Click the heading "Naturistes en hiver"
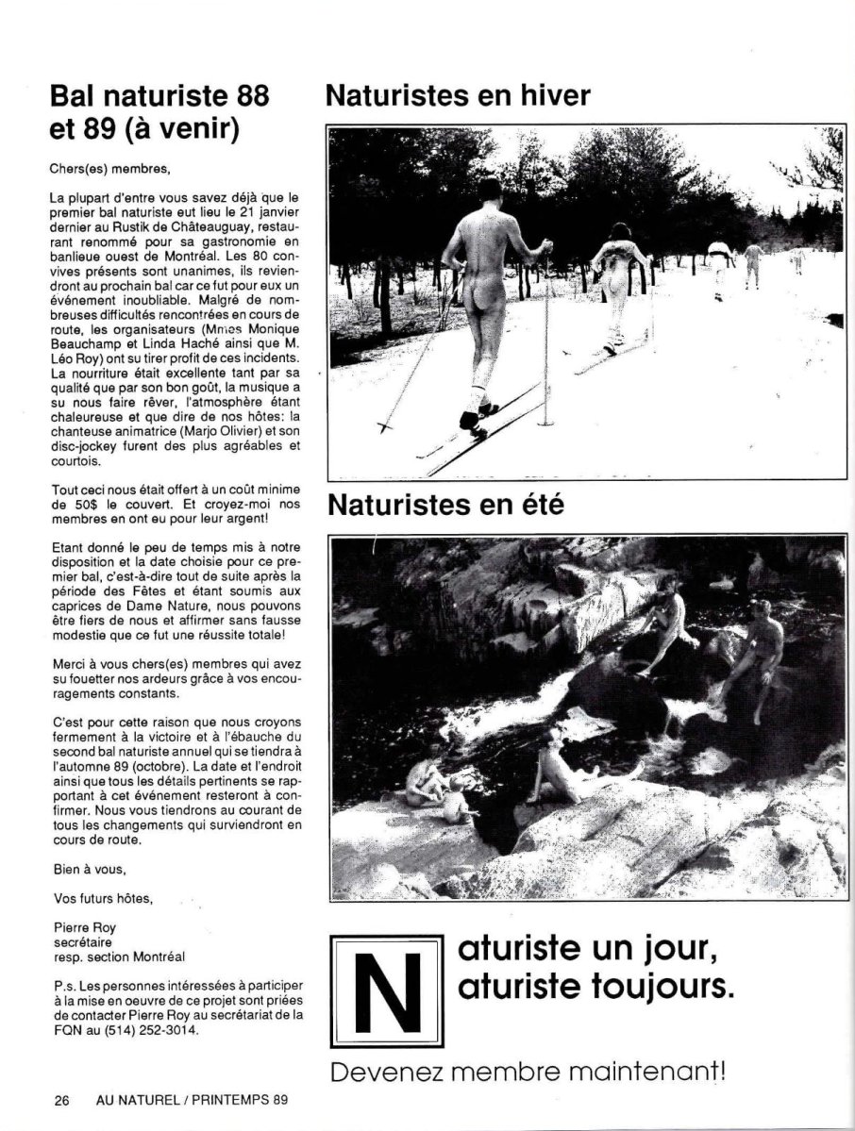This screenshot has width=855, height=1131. [x=458, y=95]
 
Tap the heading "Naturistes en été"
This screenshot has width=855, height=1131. [x=445, y=506]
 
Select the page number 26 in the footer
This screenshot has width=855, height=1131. [x=62, y=1099]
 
